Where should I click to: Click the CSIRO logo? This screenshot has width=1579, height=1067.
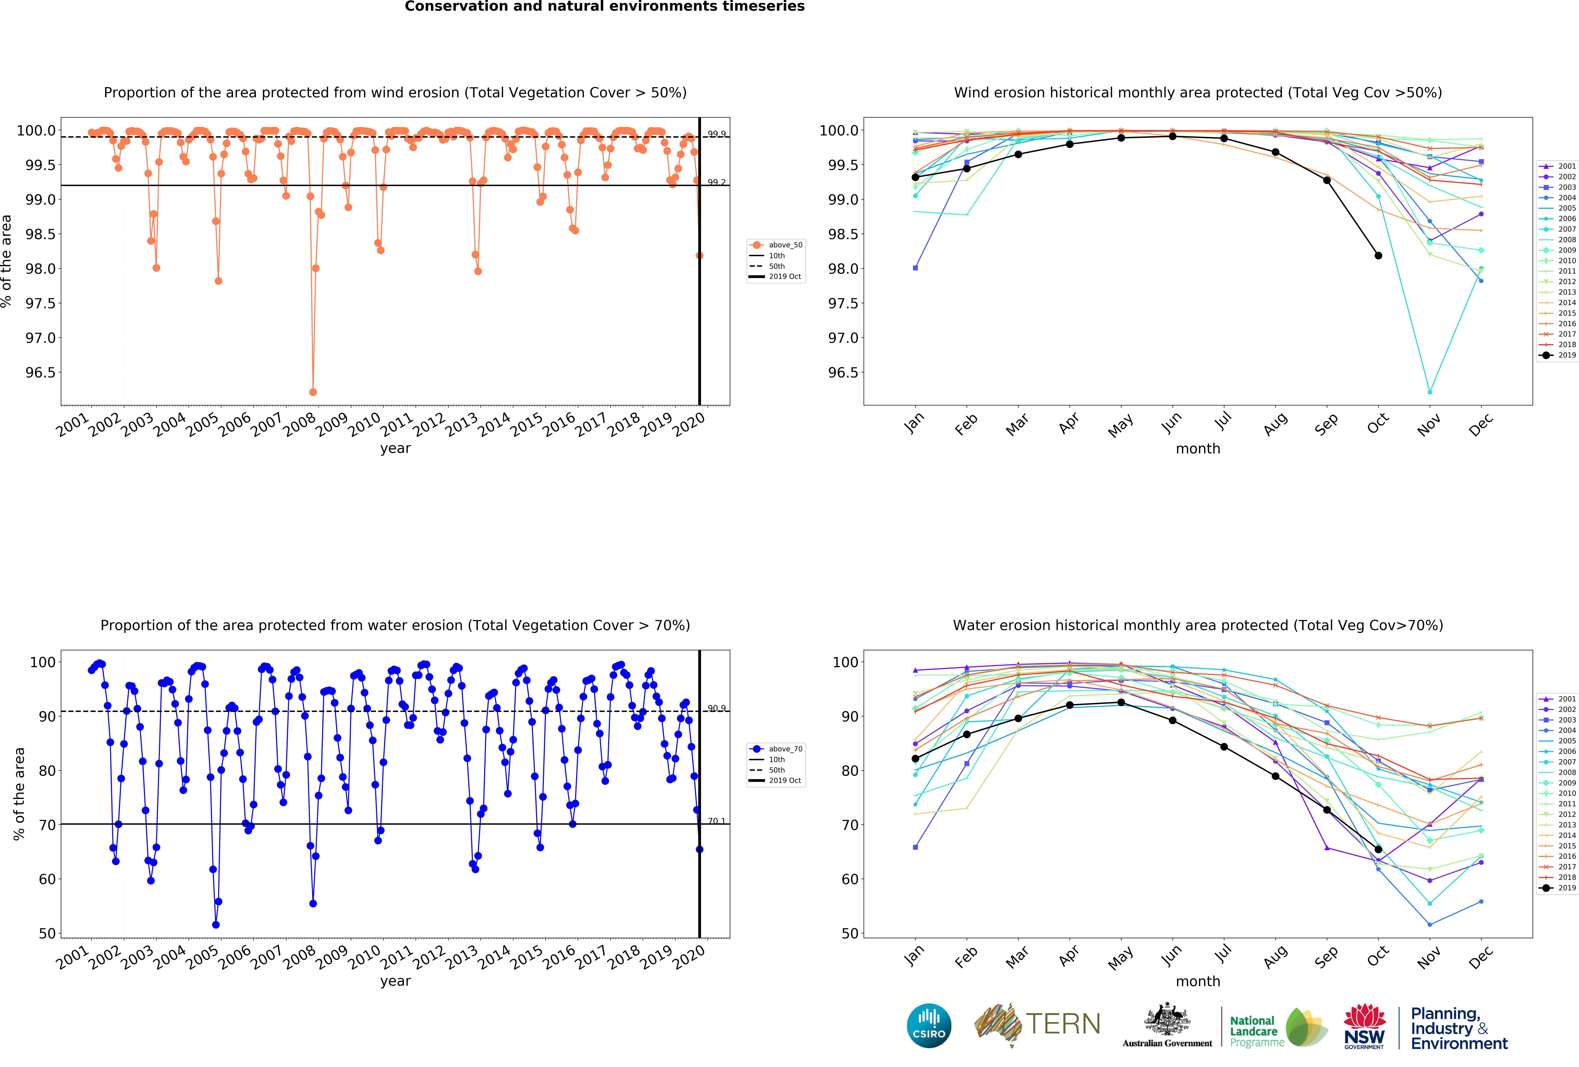929,1025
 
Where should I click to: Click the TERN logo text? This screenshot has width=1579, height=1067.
1063,1024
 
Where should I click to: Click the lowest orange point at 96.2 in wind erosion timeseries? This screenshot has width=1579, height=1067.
313,392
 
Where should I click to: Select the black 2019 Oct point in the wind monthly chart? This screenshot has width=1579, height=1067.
1378,255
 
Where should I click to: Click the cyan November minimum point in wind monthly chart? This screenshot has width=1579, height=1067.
1430,392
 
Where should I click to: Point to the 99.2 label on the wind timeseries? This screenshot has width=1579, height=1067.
716,182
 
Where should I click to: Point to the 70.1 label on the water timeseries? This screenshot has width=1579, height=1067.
716,821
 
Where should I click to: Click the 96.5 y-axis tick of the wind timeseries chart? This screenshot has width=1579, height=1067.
41,372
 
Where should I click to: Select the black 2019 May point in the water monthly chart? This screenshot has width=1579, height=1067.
1120,702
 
